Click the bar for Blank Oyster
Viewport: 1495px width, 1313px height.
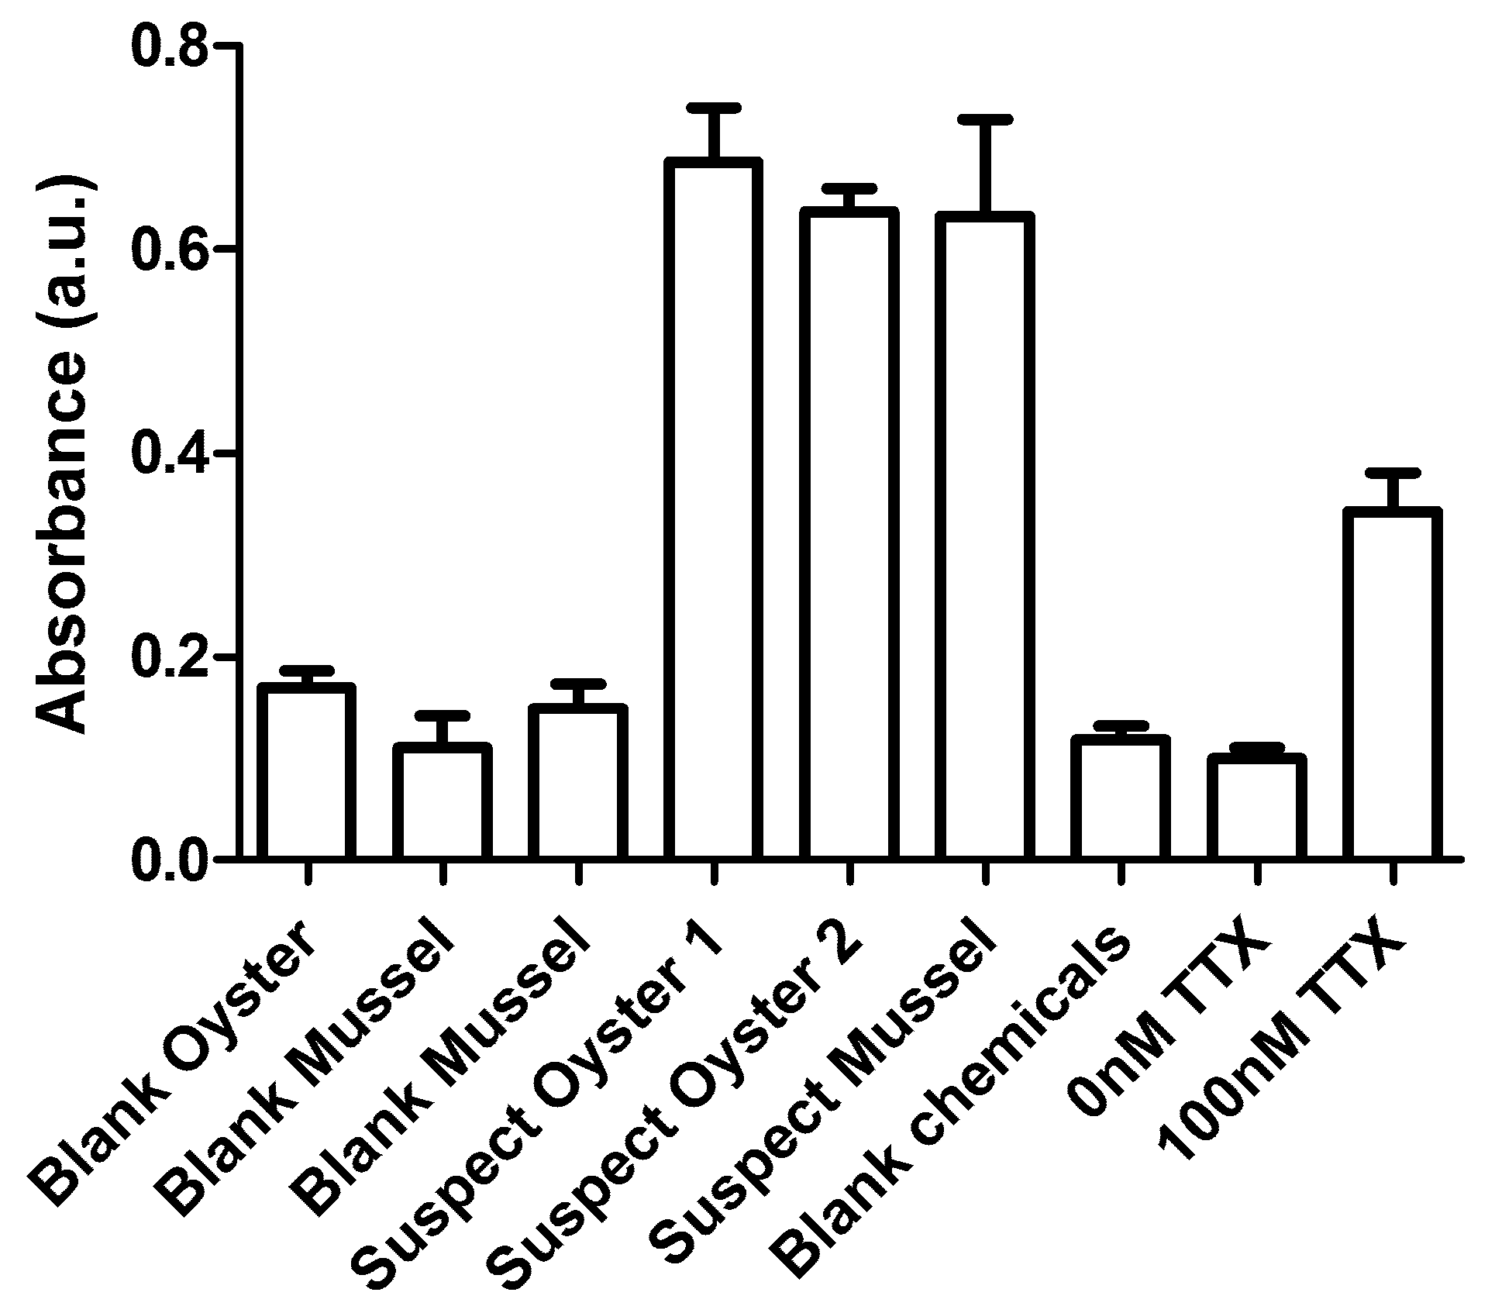[x=307, y=771]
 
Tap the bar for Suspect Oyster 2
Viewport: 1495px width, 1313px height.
[x=849, y=534]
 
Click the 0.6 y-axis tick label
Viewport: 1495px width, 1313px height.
[x=171, y=250]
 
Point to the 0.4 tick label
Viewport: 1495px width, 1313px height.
[x=171, y=453]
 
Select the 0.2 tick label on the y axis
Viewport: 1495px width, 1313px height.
[x=171, y=656]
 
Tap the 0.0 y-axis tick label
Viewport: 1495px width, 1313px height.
[x=171, y=859]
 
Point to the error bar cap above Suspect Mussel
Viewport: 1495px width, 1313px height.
[x=984, y=119]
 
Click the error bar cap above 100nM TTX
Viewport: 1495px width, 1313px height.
[x=1392, y=472]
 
